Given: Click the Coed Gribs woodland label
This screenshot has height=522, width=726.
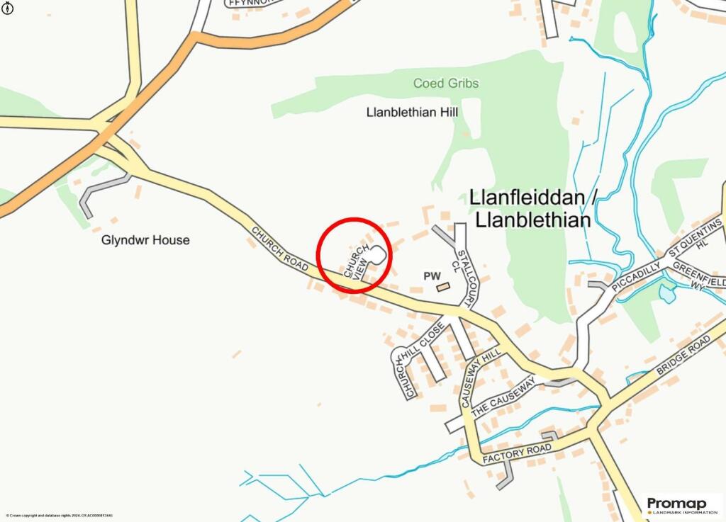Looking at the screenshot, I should pyautogui.click(x=446, y=84).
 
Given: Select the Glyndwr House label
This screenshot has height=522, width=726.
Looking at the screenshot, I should pyautogui.click(x=145, y=240).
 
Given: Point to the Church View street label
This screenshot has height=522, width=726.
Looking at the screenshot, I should pyautogui.click(x=357, y=262).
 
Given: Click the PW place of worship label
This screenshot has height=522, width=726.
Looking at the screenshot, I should pyautogui.click(x=432, y=276).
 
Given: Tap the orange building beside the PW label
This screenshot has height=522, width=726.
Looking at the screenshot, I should pyautogui.click(x=443, y=287).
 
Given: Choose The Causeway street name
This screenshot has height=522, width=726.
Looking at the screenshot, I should pyautogui.click(x=503, y=397).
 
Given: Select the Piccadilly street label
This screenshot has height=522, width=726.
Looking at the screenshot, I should pyautogui.click(x=635, y=276).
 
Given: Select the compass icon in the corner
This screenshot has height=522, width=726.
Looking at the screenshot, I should pyautogui.click(x=8, y=9).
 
